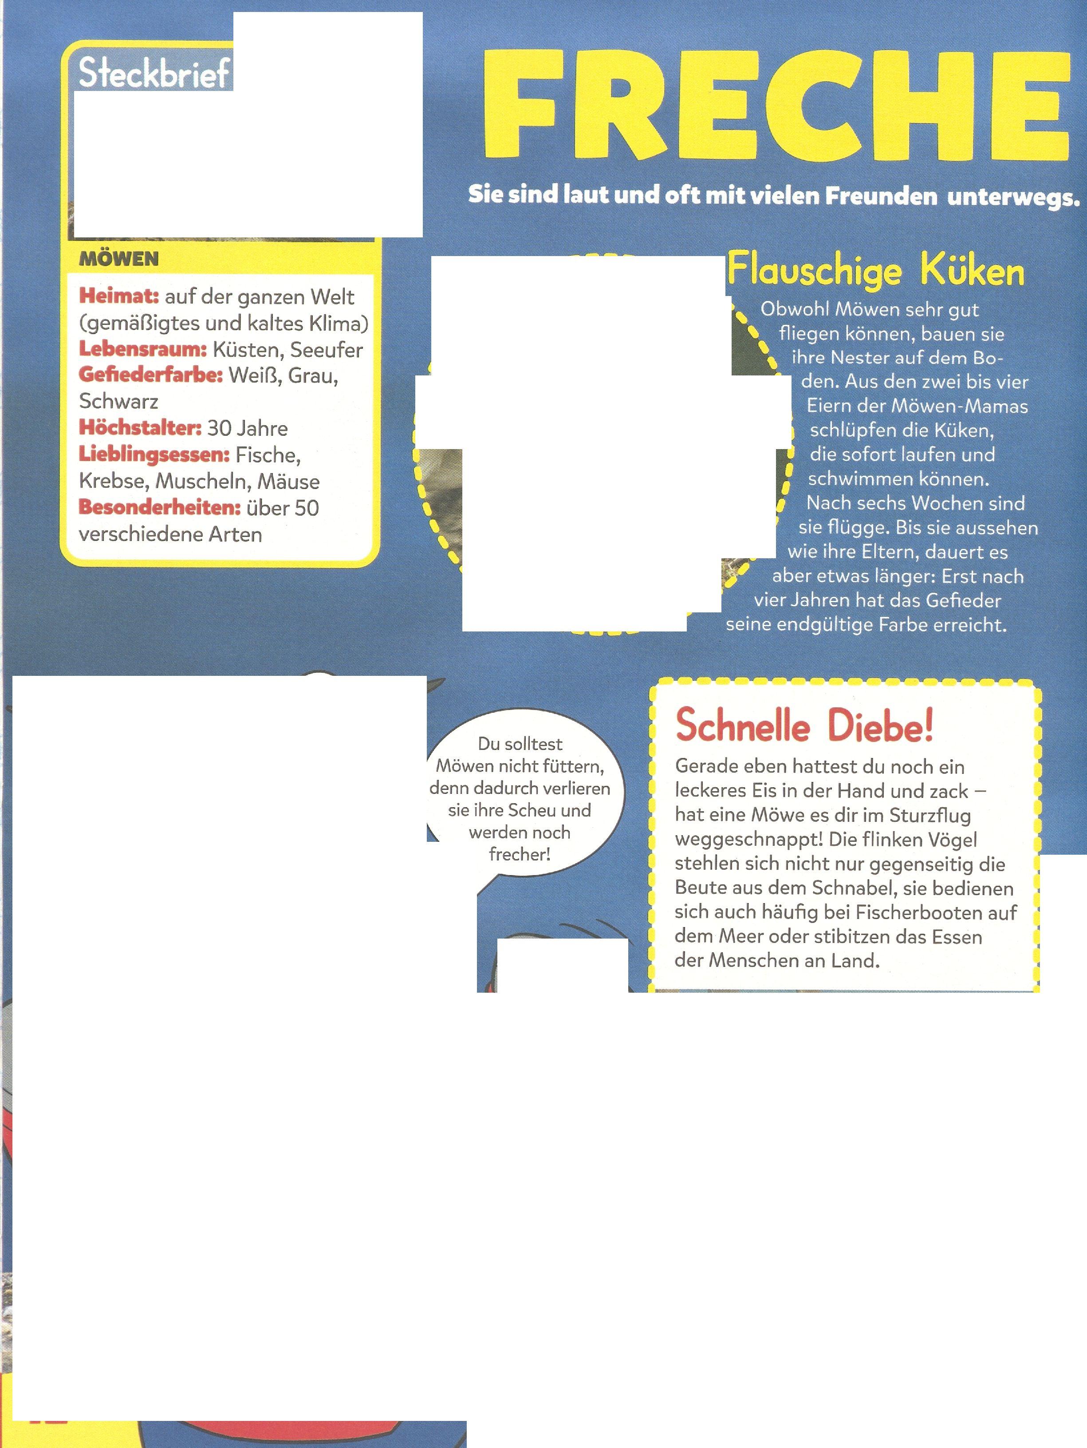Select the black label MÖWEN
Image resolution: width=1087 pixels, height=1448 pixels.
pos(118,259)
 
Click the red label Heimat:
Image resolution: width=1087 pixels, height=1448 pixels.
pos(119,296)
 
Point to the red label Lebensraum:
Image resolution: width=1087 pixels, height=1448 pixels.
pos(143,349)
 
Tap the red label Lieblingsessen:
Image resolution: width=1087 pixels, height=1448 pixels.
pos(154,454)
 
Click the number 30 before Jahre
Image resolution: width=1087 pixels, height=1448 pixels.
pos(219,428)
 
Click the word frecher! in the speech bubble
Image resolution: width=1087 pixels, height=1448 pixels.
pos(520,854)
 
